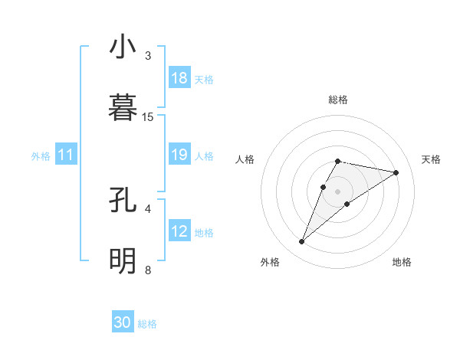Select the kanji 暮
pos(123,108)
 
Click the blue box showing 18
pos(179,78)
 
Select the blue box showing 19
pos(179,155)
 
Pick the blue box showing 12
pos(179,232)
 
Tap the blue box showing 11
pos(66,155)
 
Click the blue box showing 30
pos(123,322)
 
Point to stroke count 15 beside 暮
pos(148,116)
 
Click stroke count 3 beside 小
pos(148,56)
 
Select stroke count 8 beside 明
pos(148,270)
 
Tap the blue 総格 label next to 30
pos(147,324)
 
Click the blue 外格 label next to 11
pos(41,156)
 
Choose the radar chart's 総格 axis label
pos(338,100)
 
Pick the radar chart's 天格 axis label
pos(431,159)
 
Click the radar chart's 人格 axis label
pos(245,159)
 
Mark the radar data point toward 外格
pos(302,242)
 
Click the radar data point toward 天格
pos(396,172)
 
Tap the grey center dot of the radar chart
pos(338,191)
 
